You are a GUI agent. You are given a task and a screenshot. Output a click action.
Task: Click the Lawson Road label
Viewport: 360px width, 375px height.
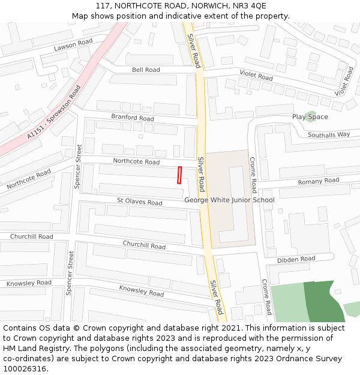coord(73,44)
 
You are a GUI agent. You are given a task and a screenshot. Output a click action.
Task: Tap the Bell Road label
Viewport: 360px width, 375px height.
coord(146,70)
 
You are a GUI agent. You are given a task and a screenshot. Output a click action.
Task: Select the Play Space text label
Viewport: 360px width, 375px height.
coord(310,116)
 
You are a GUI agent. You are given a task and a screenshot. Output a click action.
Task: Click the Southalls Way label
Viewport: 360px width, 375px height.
coord(329,135)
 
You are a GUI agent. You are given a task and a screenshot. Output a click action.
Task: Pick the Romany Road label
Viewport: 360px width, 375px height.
coord(319,181)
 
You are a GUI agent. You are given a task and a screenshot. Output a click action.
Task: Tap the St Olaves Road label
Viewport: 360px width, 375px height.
coord(139,202)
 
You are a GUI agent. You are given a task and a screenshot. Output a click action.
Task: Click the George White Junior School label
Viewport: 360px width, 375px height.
coord(229,200)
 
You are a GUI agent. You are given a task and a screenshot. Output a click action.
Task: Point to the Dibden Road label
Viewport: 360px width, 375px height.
coord(296,259)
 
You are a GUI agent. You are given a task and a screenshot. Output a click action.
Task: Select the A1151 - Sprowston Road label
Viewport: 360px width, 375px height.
coord(53,113)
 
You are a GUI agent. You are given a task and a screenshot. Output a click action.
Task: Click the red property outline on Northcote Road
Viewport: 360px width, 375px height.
coord(179,175)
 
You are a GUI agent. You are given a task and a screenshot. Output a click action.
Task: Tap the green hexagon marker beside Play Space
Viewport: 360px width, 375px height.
coord(310,116)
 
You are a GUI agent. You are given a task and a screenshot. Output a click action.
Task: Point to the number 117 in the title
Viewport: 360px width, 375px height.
coord(104,6)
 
